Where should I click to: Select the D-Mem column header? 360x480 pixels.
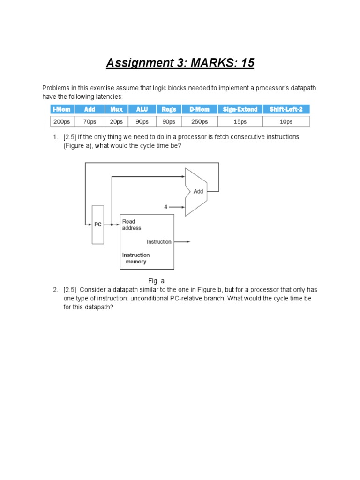click(x=199, y=109)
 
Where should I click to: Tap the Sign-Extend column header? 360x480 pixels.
click(x=240, y=109)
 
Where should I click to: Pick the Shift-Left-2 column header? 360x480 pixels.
click(x=286, y=109)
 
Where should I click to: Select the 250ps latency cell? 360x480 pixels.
click(x=199, y=121)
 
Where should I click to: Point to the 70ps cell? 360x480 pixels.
click(x=89, y=121)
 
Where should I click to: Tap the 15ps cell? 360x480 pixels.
click(x=240, y=121)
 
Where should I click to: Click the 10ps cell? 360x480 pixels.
click(x=286, y=121)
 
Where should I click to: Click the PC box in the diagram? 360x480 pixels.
click(x=98, y=225)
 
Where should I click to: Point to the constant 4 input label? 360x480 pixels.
click(x=165, y=207)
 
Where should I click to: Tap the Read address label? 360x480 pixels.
click(x=131, y=225)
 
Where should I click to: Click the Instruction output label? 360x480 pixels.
click(x=159, y=242)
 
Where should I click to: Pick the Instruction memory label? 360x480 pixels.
click(x=136, y=258)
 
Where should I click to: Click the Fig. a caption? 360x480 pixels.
click(x=156, y=281)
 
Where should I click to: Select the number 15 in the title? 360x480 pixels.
click(x=247, y=62)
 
